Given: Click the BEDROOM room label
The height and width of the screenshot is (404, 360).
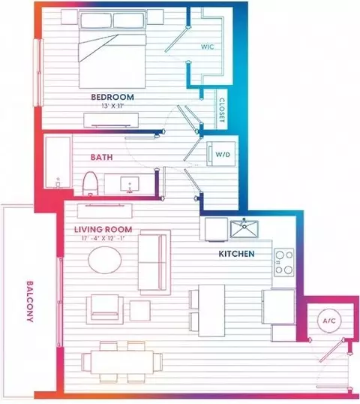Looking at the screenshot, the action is [112, 97].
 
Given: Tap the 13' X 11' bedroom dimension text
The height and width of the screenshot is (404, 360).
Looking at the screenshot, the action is [112, 106].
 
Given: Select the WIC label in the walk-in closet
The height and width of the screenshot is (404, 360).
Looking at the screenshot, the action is [208, 47].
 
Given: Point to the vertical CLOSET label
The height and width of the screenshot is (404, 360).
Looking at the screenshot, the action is [222, 110].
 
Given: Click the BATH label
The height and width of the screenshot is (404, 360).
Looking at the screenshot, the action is [102, 157].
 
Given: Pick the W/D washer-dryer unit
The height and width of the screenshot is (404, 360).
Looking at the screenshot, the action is [221, 154].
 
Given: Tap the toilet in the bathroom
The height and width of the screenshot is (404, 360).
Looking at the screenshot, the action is [90, 183].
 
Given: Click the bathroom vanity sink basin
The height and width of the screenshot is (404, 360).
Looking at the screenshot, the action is [130, 184].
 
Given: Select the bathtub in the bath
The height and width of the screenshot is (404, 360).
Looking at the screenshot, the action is [58, 162].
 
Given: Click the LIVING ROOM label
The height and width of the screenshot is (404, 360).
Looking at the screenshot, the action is [103, 229].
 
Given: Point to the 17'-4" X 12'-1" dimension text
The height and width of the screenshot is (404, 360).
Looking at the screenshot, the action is [103, 238].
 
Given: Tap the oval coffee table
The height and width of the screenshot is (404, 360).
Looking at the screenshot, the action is [105, 260].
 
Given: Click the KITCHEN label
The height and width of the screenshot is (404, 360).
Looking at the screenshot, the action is [236, 254].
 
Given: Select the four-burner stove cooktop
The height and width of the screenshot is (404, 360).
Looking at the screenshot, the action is [284, 262].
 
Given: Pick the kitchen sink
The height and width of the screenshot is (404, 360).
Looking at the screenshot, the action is [244, 229].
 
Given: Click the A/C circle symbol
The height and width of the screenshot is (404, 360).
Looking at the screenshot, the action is [329, 321].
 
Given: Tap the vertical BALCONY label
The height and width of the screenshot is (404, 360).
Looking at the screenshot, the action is [30, 301].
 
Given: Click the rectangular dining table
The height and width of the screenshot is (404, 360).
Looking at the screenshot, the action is [122, 362].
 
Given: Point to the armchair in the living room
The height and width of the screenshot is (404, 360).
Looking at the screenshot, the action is [105, 309].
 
